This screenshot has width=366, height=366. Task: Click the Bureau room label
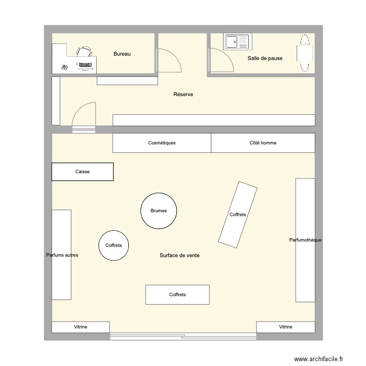[122, 54]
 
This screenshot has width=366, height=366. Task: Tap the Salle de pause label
[265, 58]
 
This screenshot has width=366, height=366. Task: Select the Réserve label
[183, 94]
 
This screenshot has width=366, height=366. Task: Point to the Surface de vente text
[179, 256]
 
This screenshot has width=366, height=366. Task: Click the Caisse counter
[82, 172]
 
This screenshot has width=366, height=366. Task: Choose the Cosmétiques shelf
[162, 143]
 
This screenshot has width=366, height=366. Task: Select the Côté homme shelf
[263, 143]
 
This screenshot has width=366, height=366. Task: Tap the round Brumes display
[159, 211]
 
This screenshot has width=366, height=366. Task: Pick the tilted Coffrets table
[238, 214]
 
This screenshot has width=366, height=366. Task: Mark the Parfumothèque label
[305, 240]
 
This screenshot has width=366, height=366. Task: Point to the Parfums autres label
[62, 255]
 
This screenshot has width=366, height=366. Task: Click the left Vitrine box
[81, 327]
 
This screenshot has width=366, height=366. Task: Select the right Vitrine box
[285, 327]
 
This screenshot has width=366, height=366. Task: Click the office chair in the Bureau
[84, 51]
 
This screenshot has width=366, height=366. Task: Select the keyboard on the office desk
[84, 64]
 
